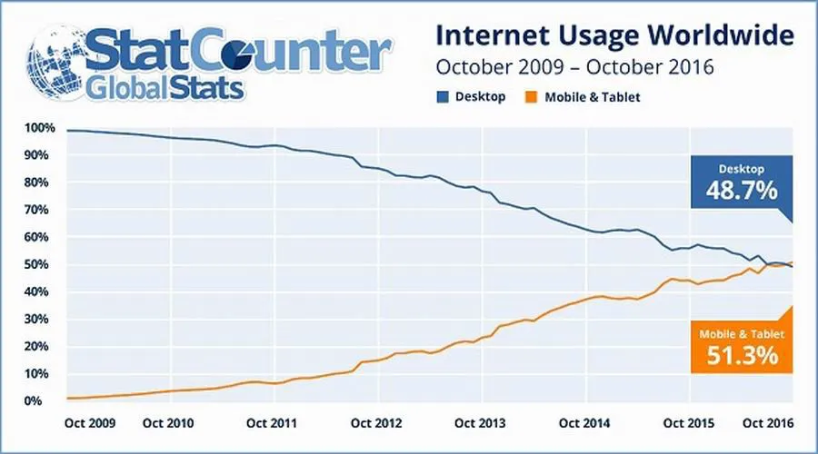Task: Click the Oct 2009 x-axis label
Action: click(89, 422)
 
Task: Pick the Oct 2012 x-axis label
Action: click(376, 422)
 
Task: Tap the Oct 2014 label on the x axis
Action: click(583, 422)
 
